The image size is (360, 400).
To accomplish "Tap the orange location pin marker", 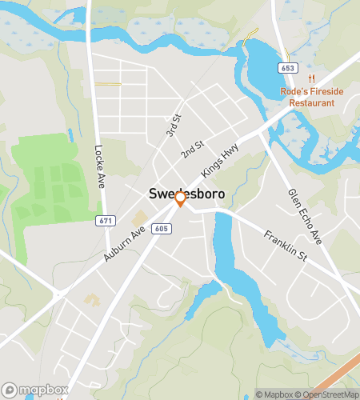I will (181, 199).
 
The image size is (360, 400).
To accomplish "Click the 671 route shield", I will (104, 219).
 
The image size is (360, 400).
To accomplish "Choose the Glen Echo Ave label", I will (305, 217).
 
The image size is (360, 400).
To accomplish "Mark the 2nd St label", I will (193, 149).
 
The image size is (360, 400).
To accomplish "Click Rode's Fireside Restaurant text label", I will (311, 97).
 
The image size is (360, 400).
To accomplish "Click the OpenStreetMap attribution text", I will (327, 394).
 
